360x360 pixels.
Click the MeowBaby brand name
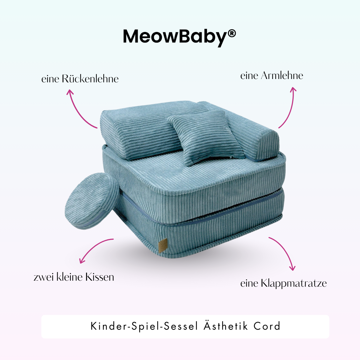[175, 37]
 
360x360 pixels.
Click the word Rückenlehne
[90, 79]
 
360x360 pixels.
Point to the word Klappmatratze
[294, 283]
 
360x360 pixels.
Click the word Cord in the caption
[267, 326]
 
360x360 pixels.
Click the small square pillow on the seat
[207, 137]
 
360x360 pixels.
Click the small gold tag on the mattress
[162, 245]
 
